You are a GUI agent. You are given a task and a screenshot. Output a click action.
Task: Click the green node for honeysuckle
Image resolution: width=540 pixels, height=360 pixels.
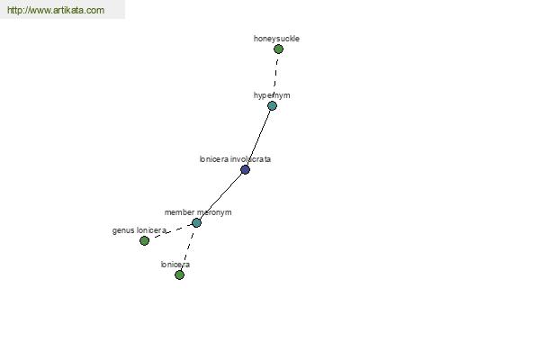tap(278, 49)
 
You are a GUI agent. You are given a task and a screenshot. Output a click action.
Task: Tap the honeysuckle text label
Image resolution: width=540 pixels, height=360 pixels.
tap(276, 39)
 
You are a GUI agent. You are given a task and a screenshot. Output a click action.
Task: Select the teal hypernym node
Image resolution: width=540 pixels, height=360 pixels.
tap(272, 106)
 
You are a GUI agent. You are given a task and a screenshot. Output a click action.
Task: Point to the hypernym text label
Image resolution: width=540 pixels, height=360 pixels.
tap(272, 95)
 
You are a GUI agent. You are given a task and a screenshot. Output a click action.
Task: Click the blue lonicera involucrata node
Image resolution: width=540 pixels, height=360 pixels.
tap(245, 169)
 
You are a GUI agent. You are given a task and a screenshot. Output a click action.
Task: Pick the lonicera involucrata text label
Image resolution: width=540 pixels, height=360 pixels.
tap(235, 159)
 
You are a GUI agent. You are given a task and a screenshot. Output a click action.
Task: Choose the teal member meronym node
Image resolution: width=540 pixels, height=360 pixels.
tap(196, 223)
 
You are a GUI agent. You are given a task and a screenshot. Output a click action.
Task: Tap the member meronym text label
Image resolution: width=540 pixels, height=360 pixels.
tap(198, 212)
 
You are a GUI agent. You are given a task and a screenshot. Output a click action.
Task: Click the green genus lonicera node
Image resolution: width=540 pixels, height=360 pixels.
tap(145, 240)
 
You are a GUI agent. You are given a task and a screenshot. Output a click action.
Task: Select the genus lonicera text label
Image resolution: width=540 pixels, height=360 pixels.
tap(139, 230)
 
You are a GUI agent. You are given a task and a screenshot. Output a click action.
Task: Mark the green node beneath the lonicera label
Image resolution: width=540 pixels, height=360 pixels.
tap(179, 274)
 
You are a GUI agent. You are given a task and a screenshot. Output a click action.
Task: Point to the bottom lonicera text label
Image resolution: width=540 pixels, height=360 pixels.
tap(175, 265)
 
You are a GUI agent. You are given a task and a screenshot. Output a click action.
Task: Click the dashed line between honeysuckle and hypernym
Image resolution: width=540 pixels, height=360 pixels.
tap(276, 73)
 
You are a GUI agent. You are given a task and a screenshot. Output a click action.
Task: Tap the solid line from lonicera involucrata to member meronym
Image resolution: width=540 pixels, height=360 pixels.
tap(220, 196)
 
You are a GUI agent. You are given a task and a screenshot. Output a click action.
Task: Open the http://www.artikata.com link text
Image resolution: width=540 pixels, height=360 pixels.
tap(56, 10)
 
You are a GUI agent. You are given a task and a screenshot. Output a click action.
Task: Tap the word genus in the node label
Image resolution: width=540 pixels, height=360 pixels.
tap(123, 230)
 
